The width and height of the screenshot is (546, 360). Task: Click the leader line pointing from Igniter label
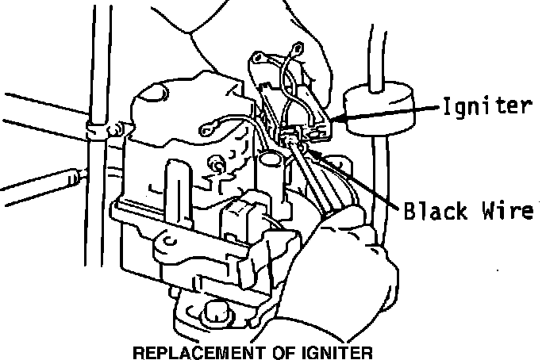point(389,113)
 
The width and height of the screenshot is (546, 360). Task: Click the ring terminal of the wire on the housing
point(211,124)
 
